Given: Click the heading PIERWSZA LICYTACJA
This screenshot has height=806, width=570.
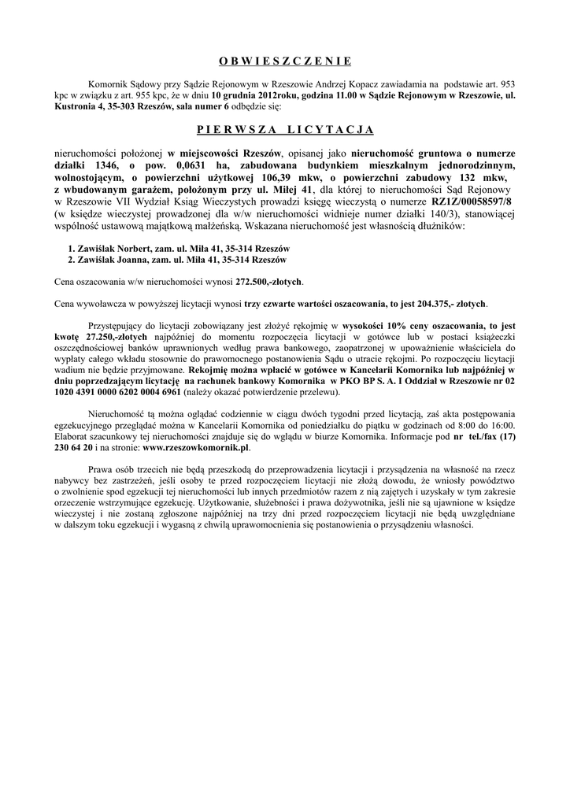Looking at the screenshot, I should coord(284,129).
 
